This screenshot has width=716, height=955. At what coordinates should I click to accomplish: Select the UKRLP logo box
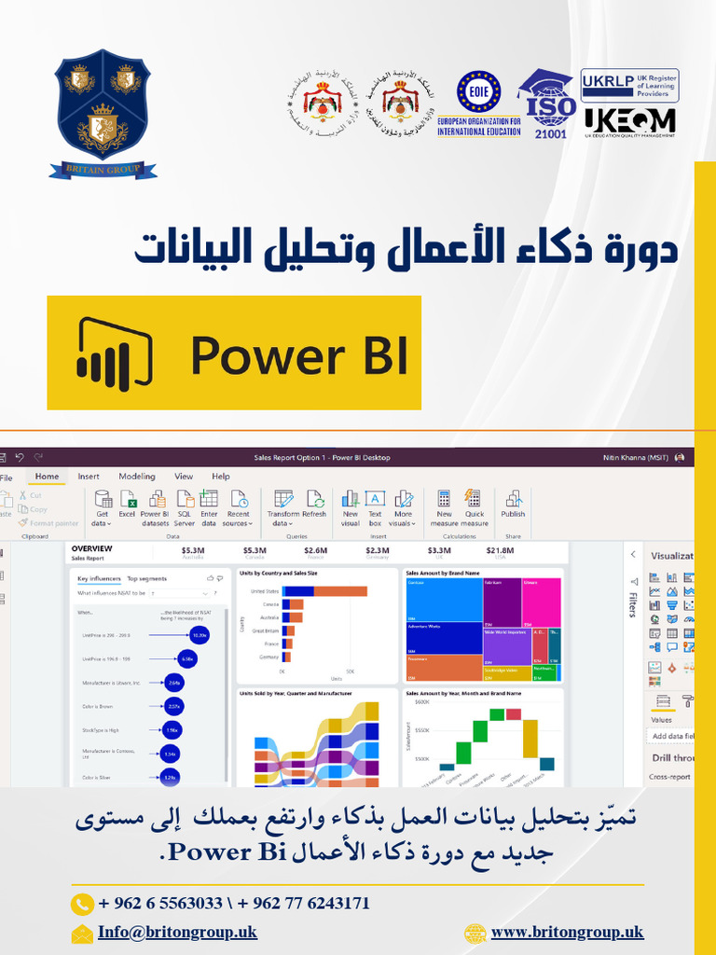click(629, 85)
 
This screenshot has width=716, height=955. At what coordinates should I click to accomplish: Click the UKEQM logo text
click(629, 120)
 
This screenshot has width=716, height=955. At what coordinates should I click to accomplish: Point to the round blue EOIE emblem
click(478, 92)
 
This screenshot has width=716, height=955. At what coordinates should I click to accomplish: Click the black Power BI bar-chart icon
click(114, 353)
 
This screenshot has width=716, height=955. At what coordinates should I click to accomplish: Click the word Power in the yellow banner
click(267, 355)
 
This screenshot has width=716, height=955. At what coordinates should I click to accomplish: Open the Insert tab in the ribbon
click(89, 477)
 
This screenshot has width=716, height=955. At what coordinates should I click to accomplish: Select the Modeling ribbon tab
click(137, 477)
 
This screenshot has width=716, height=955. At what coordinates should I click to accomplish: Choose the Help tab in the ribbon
click(221, 477)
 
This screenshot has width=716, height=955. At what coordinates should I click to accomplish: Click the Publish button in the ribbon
click(513, 505)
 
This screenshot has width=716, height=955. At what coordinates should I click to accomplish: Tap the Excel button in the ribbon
click(127, 505)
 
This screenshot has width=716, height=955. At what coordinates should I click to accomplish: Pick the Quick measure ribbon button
click(475, 505)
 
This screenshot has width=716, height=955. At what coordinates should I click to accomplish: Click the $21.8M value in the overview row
click(500, 551)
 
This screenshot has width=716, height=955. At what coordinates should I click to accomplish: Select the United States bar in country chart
click(325, 591)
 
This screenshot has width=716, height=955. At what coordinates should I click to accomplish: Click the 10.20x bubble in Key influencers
click(199, 635)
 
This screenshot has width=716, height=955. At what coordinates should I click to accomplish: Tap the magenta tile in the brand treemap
click(541, 602)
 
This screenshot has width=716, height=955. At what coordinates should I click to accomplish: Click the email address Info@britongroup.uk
click(177, 933)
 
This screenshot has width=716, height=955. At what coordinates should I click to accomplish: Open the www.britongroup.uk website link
click(567, 933)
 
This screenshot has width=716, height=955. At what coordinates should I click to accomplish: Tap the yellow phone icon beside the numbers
click(83, 903)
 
